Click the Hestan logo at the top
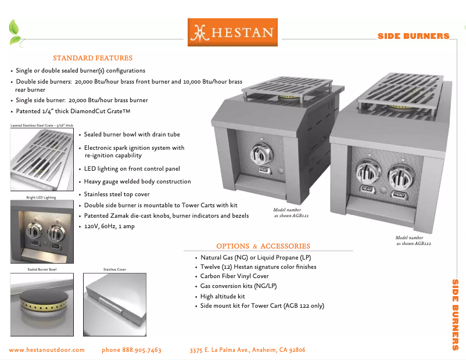(232, 33)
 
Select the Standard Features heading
(92, 58)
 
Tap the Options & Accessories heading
(263, 246)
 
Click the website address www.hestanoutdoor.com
(47, 350)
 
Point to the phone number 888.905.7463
(131, 350)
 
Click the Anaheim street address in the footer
(248, 350)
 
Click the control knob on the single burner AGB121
(260, 156)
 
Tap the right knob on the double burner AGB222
(400, 175)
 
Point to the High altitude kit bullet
(223, 296)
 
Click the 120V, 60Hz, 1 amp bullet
(109, 226)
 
